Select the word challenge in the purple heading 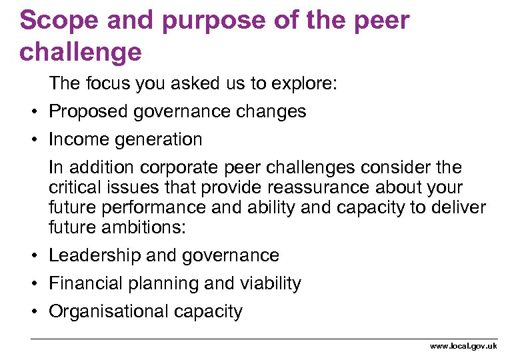pos(81,51)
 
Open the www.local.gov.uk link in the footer pos(463,346)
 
